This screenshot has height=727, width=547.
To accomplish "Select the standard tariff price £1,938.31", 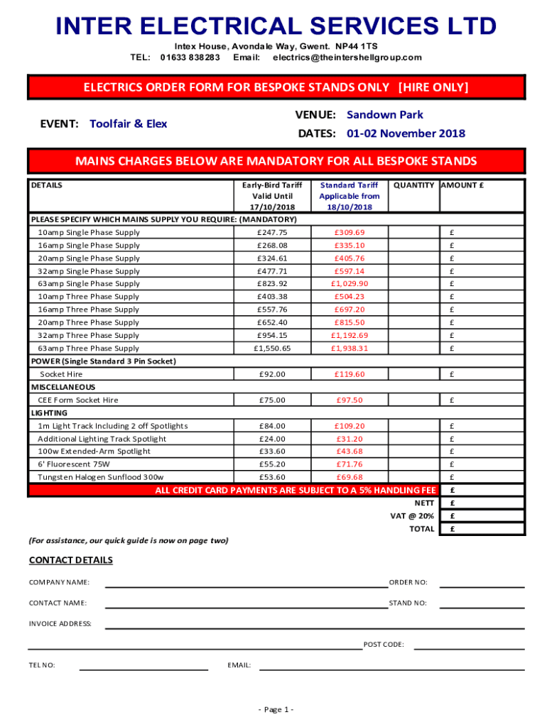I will click(x=348, y=349).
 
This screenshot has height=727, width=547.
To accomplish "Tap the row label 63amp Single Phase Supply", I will click(x=89, y=284).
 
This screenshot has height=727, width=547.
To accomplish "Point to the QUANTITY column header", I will click(x=413, y=185).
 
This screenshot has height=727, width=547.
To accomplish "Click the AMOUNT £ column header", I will click(x=462, y=185).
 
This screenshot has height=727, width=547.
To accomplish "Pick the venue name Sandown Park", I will click(x=385, y=115).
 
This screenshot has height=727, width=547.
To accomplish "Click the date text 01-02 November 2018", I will click(x=406, y=133).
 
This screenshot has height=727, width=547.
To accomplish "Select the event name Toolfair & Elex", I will click(x=129, y=124).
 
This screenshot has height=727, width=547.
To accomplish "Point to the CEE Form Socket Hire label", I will click(x=78, y=400).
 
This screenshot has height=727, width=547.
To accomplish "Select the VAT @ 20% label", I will click(x=413, y=516).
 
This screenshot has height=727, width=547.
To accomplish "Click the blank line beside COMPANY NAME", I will click(x=246, y=586).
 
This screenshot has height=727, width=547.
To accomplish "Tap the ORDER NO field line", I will click(x=482, y=586).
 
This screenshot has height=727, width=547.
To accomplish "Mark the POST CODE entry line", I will click(x=469, y=648).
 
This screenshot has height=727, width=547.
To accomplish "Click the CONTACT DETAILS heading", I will click(x=70, y=560).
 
